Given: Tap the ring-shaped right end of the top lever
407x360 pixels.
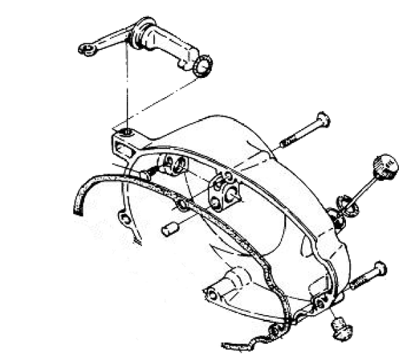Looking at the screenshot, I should (x=203, y=65).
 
